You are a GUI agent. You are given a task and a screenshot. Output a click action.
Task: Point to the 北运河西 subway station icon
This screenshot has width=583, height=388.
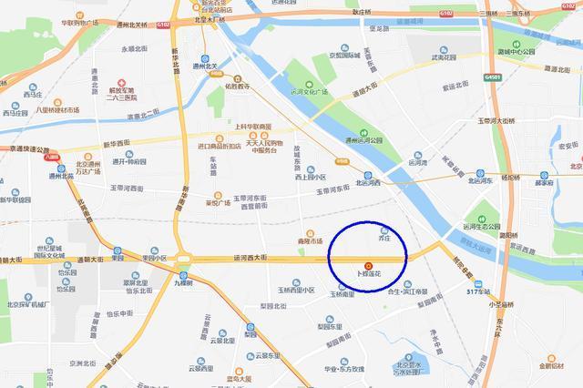point(367,174)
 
